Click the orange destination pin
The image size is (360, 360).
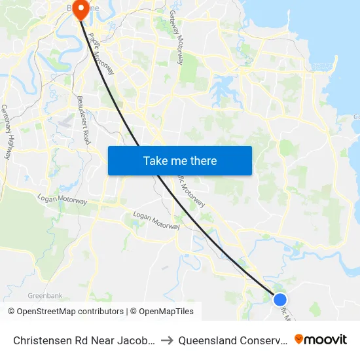point(81,10)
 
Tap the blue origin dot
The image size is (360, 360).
point(280,299)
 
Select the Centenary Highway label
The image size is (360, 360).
point(6,132)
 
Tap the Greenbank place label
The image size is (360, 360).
point(45,296)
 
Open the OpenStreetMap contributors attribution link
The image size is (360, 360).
point(69,312)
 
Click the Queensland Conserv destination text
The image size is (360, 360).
point(232,340)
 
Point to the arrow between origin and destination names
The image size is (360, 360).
point(167,340)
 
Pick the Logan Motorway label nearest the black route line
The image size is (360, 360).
point(156,220)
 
